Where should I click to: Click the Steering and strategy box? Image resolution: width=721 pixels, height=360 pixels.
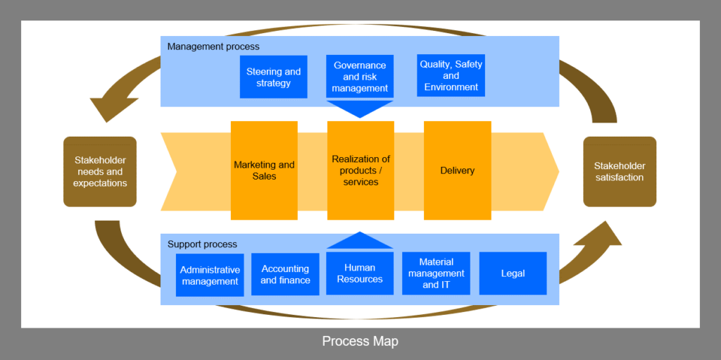[273, 77]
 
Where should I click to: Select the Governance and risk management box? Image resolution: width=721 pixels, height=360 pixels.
[360, 77]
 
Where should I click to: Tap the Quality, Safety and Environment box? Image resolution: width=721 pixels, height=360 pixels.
[451, 75]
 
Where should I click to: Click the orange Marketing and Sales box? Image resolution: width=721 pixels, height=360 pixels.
[264, 170]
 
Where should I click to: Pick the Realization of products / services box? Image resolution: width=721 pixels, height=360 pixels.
[360, 170]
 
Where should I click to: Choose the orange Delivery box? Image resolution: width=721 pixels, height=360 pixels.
[457, 170]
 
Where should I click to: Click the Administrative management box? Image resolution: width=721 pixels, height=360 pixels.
[210, 275]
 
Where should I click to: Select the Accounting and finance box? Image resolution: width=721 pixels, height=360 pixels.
[285, 274]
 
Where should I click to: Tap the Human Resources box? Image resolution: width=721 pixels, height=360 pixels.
[360, 273]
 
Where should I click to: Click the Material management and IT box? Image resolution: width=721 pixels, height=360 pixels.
[436, 273]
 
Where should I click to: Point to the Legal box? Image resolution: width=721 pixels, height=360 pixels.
[513, 273]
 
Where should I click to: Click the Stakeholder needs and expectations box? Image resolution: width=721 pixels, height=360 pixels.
[100, 171]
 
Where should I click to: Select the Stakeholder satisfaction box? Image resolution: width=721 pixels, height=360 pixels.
[620, 171]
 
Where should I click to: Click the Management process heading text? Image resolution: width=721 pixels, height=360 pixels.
[213, 46]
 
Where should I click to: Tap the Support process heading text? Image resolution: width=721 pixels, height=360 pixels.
[202, 244]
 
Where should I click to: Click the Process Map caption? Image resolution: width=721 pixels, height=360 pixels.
[360, 342]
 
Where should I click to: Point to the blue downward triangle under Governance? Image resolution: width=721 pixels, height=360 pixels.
[360, 108]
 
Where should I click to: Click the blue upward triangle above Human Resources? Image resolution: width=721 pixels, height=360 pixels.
[360, 241]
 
